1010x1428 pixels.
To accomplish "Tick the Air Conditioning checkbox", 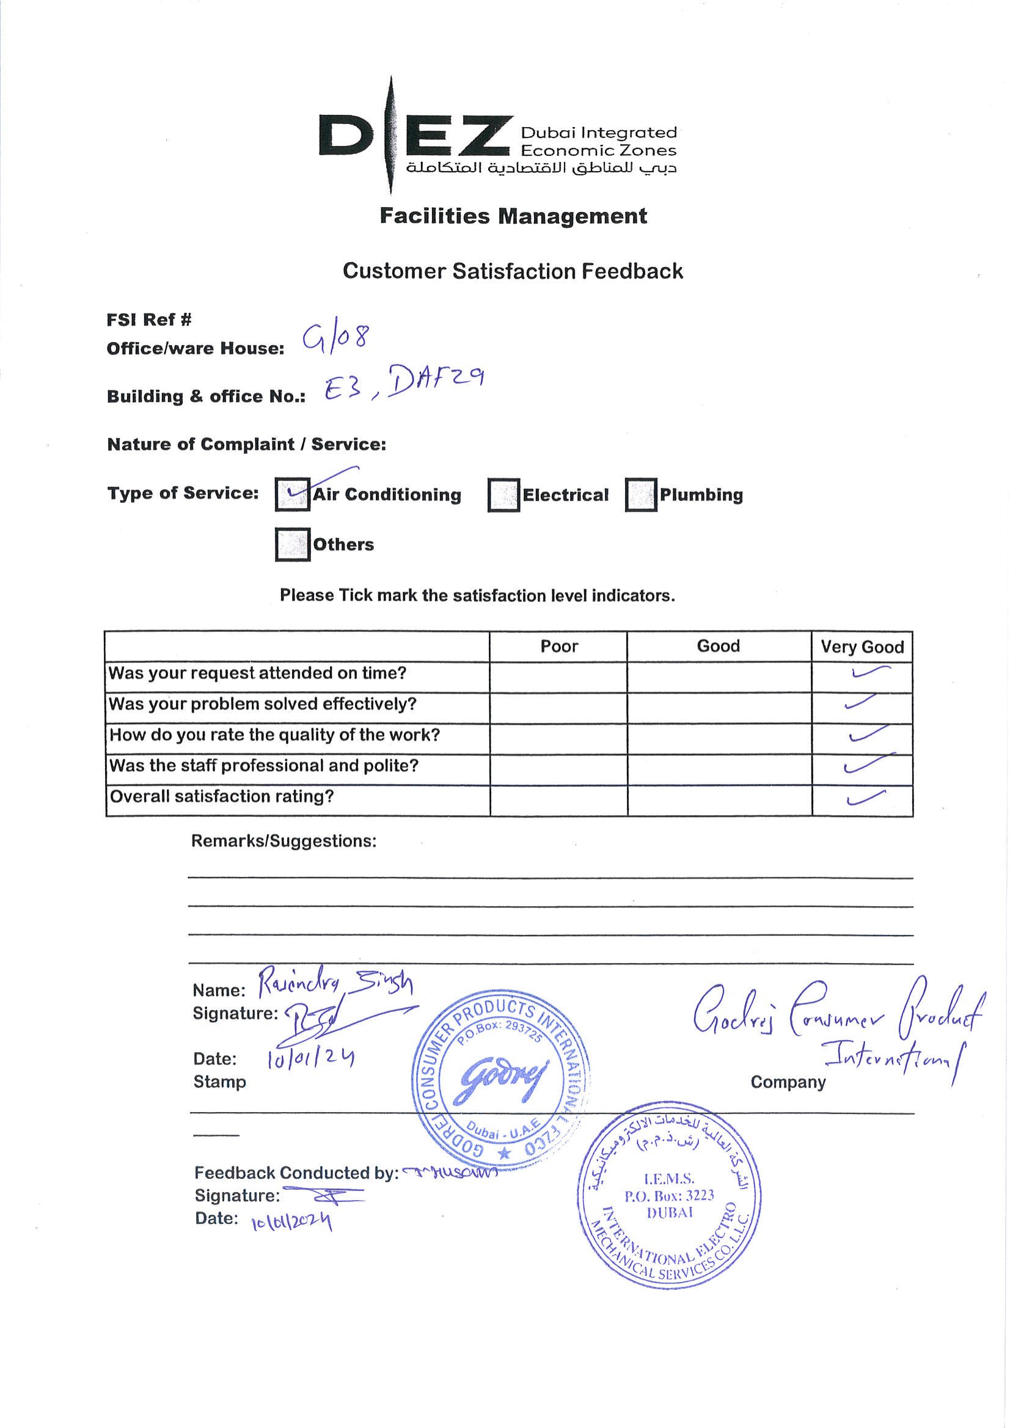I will [x=292, y=494].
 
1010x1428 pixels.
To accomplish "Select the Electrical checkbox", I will [x=503, y=495].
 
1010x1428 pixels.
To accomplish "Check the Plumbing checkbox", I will [x=641, y=495].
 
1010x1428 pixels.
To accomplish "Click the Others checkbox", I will [x=292, y=544].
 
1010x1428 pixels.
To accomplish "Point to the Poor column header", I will [x=558, y=646].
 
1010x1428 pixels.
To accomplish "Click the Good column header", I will [x=719, y=646].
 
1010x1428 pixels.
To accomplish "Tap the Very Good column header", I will [x=862, y=647].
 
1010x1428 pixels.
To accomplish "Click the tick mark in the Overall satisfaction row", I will [x=866, y=797].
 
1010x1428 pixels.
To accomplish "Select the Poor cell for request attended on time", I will [x=558, y=676].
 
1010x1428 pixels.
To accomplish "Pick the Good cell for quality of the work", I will [x=719, y=738].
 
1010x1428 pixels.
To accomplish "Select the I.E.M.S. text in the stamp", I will [x=669, y=1179].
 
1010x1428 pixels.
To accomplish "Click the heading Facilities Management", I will [x=513, y=216].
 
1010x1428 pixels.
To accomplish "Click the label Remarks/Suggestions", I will [x=284, y=841].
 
